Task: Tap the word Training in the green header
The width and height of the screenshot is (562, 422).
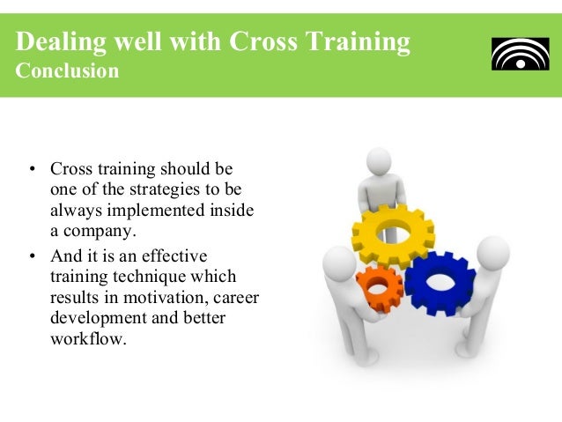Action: click(x=360, y=41)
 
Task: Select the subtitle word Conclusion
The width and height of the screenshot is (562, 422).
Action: click(x=68, y=70)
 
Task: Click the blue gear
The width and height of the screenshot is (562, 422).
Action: click(x=440, y=284)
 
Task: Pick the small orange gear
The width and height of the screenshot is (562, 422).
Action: click(x=379, y=287)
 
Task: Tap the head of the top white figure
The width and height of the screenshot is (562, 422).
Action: click(x=379, y=165)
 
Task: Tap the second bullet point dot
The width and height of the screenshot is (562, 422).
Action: click(x=33, y=256)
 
